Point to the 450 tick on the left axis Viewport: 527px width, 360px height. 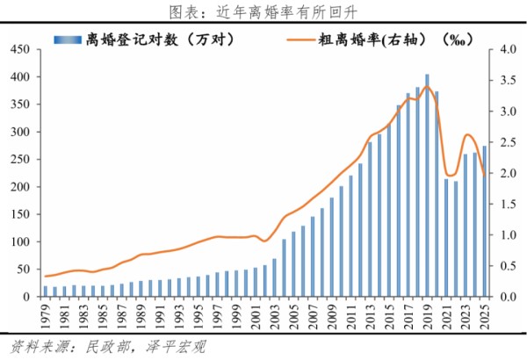(18, 50)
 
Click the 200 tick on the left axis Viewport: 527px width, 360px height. (18, 187)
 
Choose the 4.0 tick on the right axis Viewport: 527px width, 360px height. (497, 50)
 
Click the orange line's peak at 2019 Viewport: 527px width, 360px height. (427, 85)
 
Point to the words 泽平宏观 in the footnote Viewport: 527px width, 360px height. (176, 346)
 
